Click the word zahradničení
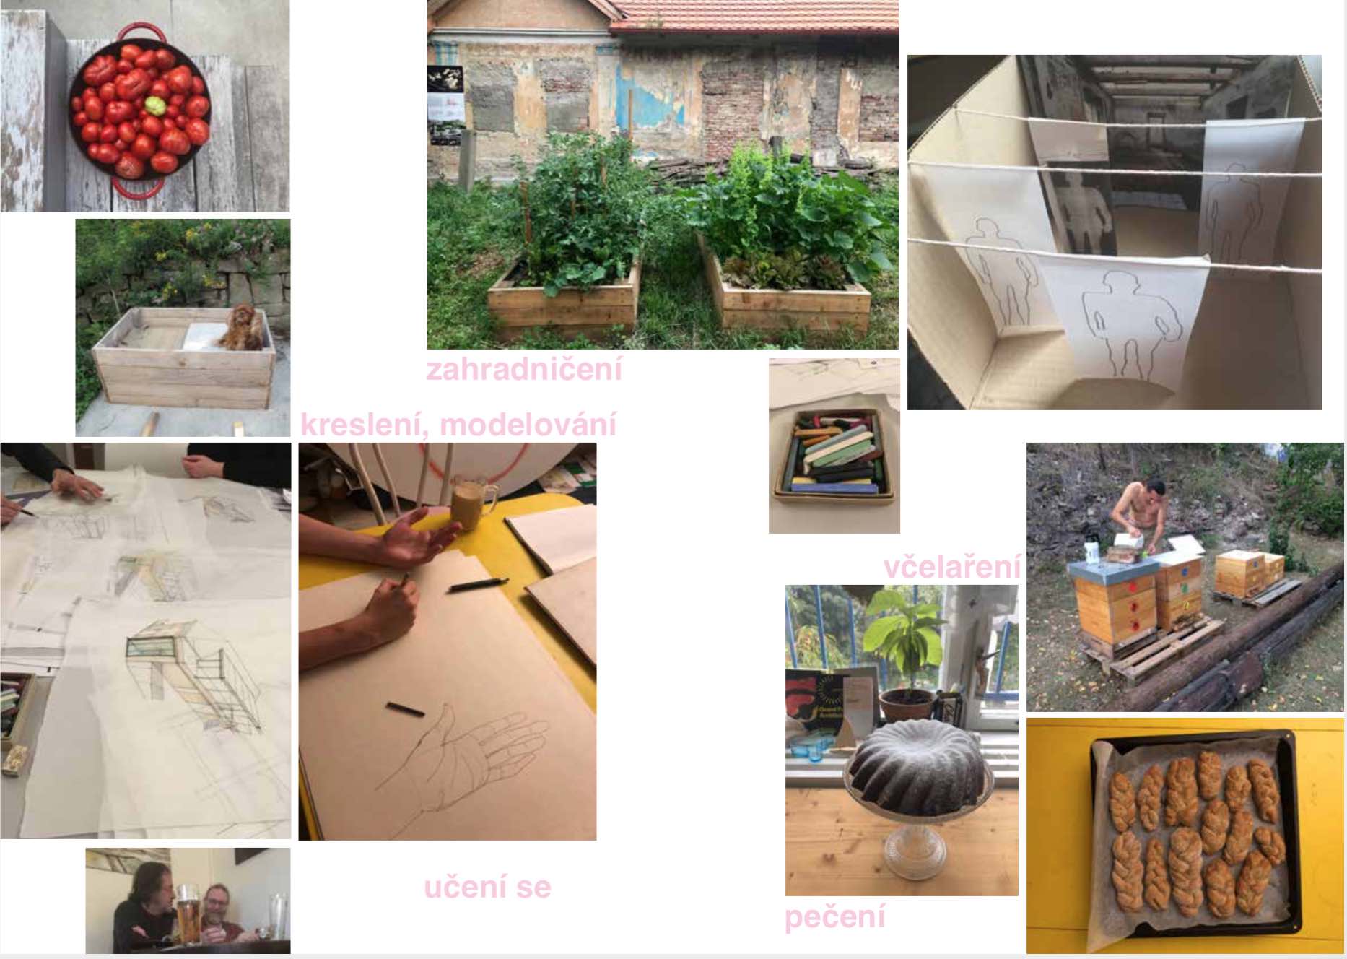[524, 369]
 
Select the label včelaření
[952, 567]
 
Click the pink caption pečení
[834, 916]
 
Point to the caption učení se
[487, 887]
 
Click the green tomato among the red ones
[155, 105]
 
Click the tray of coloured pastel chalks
[834, 454]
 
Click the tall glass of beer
[188, 914]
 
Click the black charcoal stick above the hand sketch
[405, 708]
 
